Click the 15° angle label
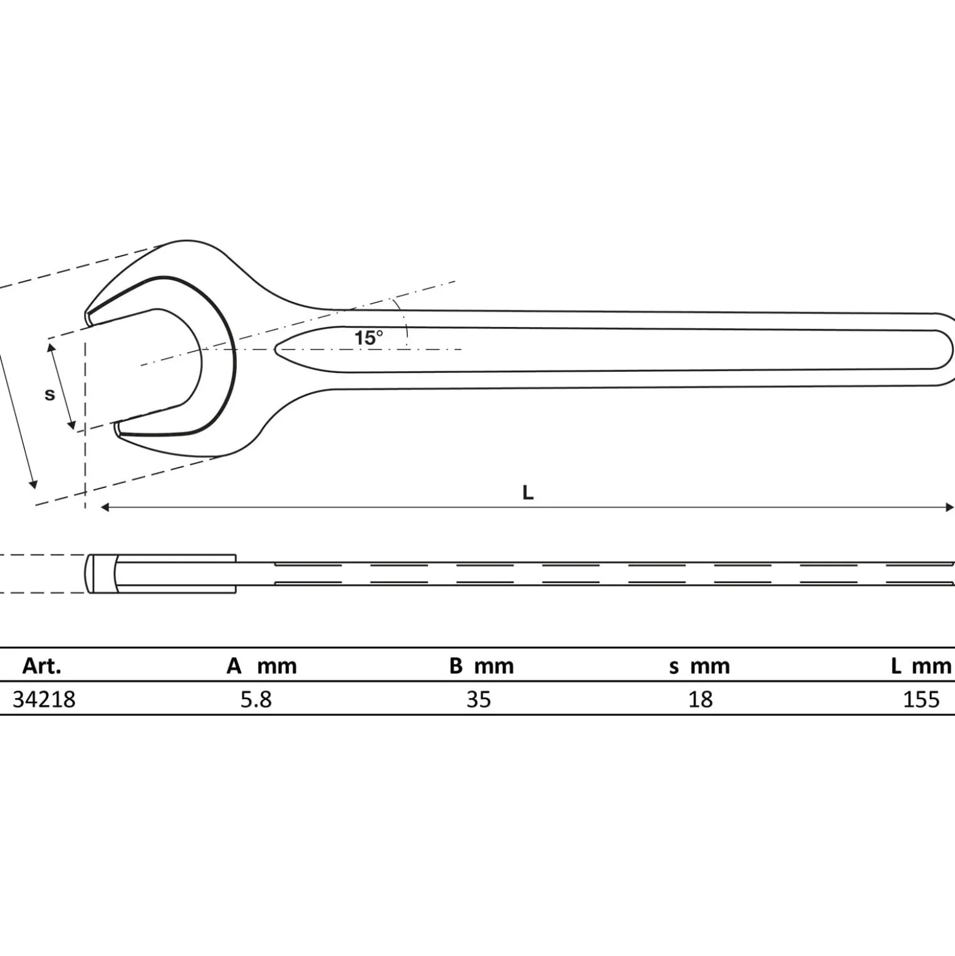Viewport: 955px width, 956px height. pyautogui.click(x=369, y=337)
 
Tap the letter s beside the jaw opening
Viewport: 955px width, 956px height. pyautogui.click(x=50, y=394)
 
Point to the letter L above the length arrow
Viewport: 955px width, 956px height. pyautogui.click(x=528, y=492)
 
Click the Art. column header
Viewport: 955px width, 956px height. pyautogui.click(x=42, y=666)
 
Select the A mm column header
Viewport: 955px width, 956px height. pyautogui.click(x=261, y=666)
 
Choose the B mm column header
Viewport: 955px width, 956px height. pyautogui.click(x=481, y=666)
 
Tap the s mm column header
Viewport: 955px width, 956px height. pyautogui.click(x=699, y=666)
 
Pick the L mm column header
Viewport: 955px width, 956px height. pyautogui.click(x=921, y=666)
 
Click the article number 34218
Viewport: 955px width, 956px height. pyautogui.click(x=44, y=699)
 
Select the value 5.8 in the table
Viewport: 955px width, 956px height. pyautogui.click(x=256, y=699)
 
